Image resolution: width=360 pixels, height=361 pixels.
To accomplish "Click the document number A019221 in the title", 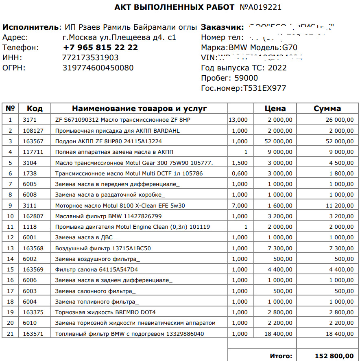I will (260, 7).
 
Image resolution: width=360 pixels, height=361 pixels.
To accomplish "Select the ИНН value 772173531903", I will (90, 58).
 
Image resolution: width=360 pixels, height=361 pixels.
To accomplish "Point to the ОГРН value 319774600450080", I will (98, 68).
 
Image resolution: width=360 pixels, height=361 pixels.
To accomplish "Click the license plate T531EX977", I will (264, 88).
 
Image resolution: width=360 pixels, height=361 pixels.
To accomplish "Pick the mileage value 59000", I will (247, 78).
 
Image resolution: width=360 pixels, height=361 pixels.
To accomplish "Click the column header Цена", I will (275, 109).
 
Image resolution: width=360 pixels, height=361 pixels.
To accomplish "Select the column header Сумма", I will (327, 109).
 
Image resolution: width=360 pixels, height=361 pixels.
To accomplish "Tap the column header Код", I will (35, 109).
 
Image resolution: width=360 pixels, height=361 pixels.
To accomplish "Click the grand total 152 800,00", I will (334, 356).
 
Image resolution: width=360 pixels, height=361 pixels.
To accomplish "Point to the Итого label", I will (281, 356).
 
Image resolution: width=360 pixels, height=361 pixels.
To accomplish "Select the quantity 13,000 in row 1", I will (238, 120).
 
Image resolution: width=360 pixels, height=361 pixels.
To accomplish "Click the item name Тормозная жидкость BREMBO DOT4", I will (105, 312).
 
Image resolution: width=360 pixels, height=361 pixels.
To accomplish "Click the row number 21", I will (11, 334).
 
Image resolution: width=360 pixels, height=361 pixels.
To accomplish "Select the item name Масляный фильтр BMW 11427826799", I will (108, 216).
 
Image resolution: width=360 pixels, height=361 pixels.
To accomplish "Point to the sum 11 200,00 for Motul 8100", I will (340, 206).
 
